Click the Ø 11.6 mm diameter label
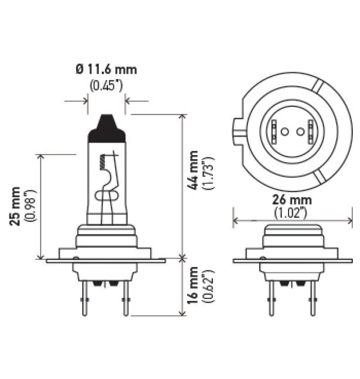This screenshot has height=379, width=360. pyautogui.click(x=106, y=70)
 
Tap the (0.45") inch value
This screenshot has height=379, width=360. pyautogui.click(x=106, y=85)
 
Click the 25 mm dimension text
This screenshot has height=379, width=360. pyautogui.click(x=16, y=205)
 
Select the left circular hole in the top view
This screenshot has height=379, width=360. pyautogui.click(x=284, y=131)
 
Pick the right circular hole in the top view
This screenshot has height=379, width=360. pyautogui.click(x=300, y=131)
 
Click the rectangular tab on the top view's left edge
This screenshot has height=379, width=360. pyautogui.click(x=238, y=130)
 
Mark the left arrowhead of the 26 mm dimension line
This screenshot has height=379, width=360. pyautogui.click(x=235, y=220)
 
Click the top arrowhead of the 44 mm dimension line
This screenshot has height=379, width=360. pyautogui.click(x=182, y=117)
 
